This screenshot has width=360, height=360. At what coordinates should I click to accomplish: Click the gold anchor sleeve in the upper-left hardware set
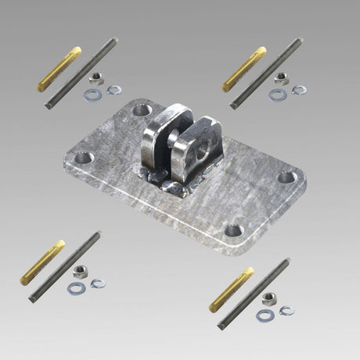(59, 68)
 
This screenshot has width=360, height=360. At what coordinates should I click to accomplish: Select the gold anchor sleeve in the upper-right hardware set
(244, 68)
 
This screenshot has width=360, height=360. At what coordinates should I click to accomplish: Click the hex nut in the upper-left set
(95, 78)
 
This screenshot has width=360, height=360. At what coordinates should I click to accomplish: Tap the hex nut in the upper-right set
(282, 79)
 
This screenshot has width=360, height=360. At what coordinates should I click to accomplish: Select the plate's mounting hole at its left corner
(82, 158)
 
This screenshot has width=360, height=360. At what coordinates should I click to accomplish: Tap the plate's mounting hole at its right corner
(287, 178)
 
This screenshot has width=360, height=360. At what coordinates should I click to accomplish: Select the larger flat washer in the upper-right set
(278, 95)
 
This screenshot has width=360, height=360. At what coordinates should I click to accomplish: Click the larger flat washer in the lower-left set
(76, 288)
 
